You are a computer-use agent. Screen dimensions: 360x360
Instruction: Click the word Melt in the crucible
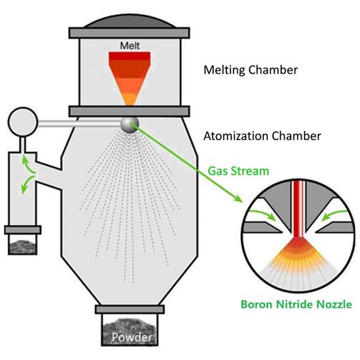pyautogui.click(x=130, y=46)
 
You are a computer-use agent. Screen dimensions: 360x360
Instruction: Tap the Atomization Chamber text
pyautogui.click(x=262, y=136)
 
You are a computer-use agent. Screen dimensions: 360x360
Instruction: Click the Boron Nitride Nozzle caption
pyautogui.click(x=297, y=304)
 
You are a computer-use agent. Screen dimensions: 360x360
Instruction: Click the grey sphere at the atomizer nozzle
pyautogui.click(x=130, y=122)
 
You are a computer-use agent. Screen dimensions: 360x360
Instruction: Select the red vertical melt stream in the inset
pyautogui.click(x=297, y=209)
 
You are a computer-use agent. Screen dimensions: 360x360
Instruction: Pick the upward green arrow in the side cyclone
pyautogui.click(x=24, y=160)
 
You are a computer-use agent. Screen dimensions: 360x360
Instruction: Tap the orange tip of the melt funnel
pyautogui.click(x=130, y=99)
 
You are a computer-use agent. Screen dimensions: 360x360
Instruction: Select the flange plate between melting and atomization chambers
pyautogui.click(x=130, y=110)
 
